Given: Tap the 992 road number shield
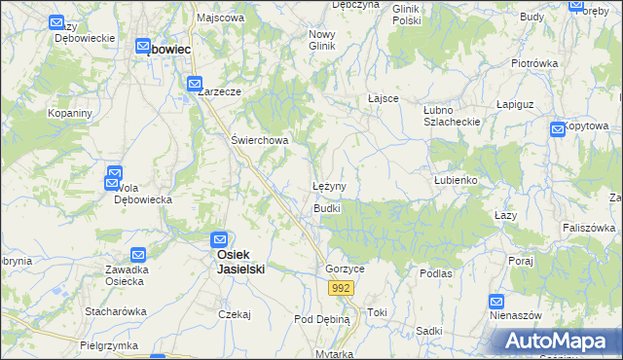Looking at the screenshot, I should tap(341, 289).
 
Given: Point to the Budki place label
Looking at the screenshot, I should tap(326, 209).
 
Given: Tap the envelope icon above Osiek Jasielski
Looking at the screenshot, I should tap(221, 238).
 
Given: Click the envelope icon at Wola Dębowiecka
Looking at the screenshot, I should tap(114, 177).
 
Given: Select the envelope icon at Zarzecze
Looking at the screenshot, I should tap(195, 85).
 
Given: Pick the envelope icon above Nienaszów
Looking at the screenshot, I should tap(496, 303).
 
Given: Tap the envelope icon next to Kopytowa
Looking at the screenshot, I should tap(558, 128).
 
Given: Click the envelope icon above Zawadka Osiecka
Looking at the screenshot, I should tap(138, 254).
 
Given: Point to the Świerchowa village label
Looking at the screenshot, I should tap(259, 140).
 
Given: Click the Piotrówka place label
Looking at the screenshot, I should tap(534, 63).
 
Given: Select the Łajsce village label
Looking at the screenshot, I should tap(386, 98).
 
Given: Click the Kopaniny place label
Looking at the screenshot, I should tap(70, 114).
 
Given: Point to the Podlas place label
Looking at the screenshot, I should tap(436, 273).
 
